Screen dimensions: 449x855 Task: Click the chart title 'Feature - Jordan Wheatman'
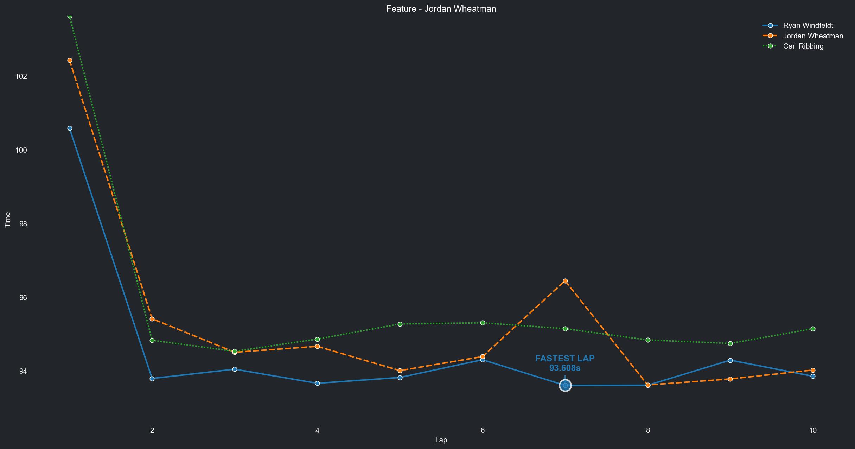441,9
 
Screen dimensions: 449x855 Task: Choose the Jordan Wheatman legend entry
813,36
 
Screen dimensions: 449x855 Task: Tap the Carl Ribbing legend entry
803,46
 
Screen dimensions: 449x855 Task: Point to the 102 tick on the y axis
21,76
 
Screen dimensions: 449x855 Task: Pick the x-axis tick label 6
483,430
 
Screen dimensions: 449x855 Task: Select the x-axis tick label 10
813,430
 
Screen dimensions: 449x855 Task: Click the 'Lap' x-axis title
441,440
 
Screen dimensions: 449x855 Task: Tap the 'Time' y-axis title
8,220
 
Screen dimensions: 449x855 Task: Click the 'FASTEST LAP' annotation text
565,359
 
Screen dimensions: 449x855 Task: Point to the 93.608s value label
565,368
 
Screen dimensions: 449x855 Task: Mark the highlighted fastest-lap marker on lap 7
565,386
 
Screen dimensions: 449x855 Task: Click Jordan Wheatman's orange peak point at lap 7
565,281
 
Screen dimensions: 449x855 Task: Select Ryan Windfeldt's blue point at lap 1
70,128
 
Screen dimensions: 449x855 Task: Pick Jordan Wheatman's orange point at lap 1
70,61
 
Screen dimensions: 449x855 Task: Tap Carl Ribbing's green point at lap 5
400,324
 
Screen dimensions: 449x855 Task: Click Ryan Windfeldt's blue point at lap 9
730,360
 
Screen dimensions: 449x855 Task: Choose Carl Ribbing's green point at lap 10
813,329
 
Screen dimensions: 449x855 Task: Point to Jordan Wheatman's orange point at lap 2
152,319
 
